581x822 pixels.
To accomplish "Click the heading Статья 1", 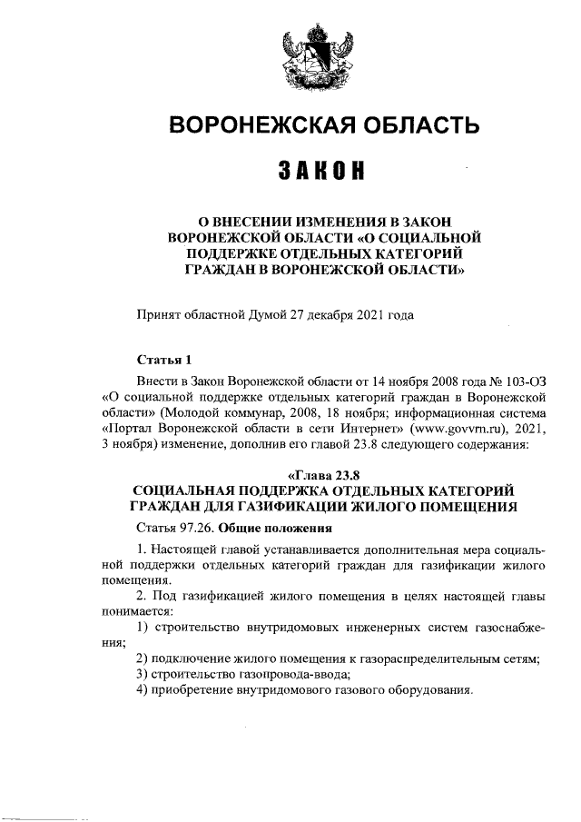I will tap(163, 360).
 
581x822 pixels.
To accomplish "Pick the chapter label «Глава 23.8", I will tap(323, 474).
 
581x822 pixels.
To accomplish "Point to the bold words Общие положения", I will tap(280, 528).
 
